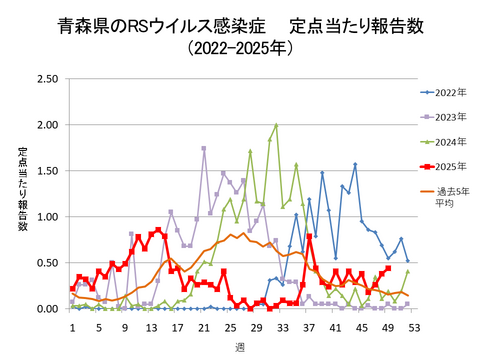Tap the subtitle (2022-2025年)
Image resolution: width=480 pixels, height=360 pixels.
pyautogui.click(x=240, y=49)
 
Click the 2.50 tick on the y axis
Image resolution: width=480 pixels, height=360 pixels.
pyautogui.click(x=46, y=79)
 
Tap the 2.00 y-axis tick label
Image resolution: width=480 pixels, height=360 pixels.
pyautogui.click(x=46, y=125)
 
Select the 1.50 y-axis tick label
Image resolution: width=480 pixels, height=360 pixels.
pyautogui.click(x=46, y=171)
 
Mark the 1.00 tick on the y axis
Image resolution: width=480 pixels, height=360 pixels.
pyautogui.click(x=46, y=217)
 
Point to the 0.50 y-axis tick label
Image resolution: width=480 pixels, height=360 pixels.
pyautogui.click(x=46, y=263)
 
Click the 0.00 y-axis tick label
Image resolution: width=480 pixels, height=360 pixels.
pyautogui.click(x=46, y=309)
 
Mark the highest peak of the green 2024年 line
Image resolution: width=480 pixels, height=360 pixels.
pyautogui.click(x=276, y=126)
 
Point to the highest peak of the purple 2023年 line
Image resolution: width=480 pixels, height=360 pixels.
pyautogui.click(x=204, y=149)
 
